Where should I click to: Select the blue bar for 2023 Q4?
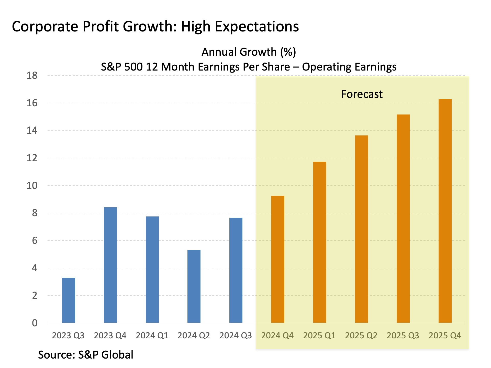pos(110,265)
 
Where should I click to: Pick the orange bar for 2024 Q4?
pos(277,259)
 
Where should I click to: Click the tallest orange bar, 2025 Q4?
pos(445,211)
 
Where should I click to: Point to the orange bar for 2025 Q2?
pos(361,229)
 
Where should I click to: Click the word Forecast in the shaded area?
pos(362,94)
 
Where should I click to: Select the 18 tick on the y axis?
pos(32,76)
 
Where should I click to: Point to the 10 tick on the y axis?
pos(32,186)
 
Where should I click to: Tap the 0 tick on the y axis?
pos(35,323)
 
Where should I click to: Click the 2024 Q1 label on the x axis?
pos(152,336)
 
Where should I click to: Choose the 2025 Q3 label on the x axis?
pos(403,336)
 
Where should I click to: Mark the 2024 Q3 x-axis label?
pos(236,336)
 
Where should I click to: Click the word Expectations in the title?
pos(257,27)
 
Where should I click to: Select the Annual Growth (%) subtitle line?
pos(249,52)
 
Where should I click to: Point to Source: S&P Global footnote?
pos(86,355)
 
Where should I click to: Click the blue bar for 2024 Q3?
pos(236,270)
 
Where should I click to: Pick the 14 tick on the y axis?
pos(32,131)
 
